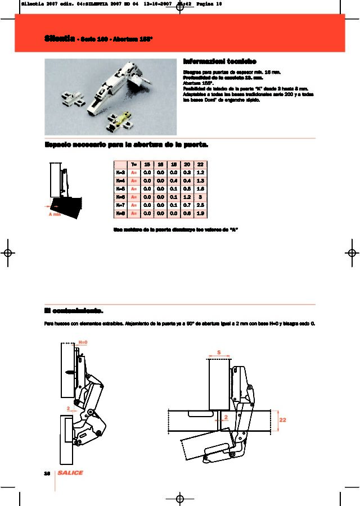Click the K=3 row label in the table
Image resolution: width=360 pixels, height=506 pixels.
(120, 173)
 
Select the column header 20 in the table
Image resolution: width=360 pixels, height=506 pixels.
(187, 165)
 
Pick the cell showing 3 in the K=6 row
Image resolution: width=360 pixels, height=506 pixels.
(200, 197)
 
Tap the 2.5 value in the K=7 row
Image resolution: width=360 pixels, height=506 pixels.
(200, 205)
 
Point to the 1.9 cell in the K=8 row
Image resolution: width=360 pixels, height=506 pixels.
(200, 214)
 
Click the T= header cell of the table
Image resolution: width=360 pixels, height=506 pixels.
(133, 165)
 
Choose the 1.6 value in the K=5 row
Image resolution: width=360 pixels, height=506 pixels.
(200, 189)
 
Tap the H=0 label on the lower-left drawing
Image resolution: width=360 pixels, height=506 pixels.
(83, 342)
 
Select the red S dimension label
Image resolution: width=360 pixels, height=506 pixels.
(219, 353)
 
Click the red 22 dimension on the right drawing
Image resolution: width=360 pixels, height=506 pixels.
(282, 420)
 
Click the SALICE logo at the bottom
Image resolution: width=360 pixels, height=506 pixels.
(70, 473)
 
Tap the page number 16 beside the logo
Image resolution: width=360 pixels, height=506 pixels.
(47, 473)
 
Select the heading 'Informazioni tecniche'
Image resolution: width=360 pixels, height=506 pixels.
(220, 61)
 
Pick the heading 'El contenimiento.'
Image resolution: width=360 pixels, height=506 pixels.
(74, 310)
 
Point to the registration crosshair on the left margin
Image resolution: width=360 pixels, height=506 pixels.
(8, 253)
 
